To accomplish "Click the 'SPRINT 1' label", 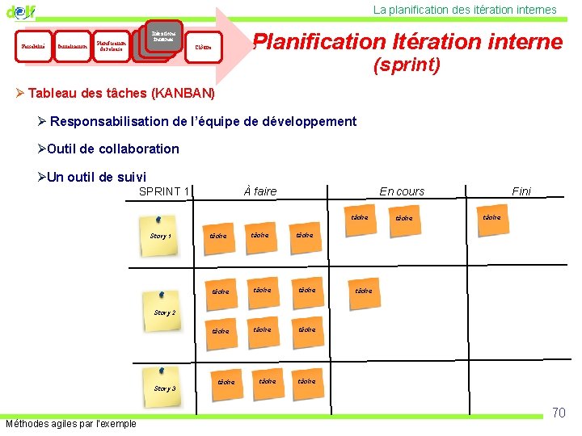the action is [164, 191].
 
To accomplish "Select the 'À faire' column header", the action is [259, 191].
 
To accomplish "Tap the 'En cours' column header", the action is [402, 191].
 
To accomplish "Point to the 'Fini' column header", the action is [521, 191].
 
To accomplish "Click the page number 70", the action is [559, 413].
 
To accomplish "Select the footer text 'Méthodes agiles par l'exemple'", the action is [71, 424].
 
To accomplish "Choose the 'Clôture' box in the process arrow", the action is [203, 47].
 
